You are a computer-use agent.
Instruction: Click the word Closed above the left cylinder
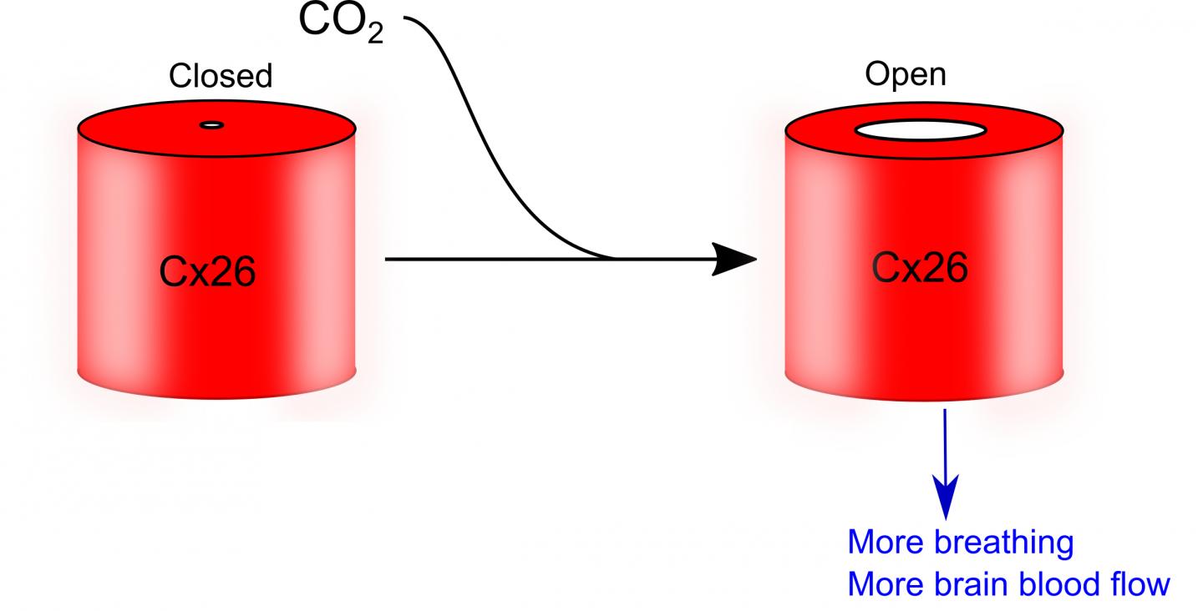[221, 76]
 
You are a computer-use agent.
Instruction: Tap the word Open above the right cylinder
[906, 74]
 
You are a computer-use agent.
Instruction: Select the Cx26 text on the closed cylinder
[207, 273]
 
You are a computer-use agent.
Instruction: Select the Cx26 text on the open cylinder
[920, 268]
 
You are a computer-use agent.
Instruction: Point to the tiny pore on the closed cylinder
[212, 126]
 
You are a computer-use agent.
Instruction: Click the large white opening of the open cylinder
[921, 131]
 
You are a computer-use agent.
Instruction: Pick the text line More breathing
[960, 543]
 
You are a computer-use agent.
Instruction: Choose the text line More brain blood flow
[1008, 584]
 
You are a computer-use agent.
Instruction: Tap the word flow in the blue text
[1139, 584]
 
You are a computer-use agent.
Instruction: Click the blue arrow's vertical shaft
[945, 442]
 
